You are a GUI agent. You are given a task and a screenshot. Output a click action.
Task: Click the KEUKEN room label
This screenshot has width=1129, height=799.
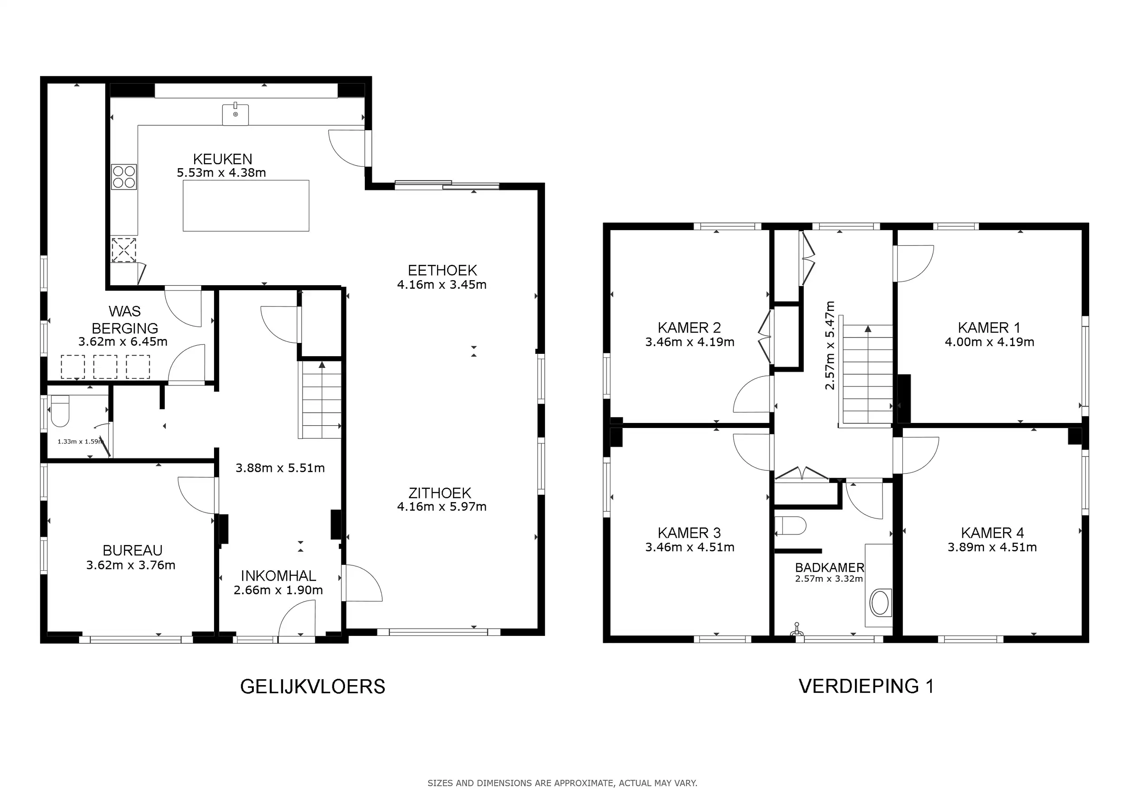[222, 159]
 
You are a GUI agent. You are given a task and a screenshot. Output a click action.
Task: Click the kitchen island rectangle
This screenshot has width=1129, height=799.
[246, 206]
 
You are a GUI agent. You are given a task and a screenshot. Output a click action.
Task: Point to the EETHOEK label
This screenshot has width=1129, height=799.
[443, 270]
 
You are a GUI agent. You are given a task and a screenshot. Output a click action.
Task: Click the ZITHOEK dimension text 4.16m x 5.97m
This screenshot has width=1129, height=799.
[442, 507]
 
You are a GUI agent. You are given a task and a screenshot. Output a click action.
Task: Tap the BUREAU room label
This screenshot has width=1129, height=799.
[132, 550]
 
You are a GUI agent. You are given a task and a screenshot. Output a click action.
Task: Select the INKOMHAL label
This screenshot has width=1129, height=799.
[278, 576]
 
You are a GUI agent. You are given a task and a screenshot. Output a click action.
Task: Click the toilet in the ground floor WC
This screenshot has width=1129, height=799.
[60, 411]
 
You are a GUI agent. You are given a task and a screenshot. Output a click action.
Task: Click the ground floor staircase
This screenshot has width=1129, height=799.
[320, 399]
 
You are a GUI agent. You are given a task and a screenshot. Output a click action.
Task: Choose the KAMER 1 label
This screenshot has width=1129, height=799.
[989, 328]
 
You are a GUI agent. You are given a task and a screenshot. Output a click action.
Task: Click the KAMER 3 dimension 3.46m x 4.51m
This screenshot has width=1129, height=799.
[690, 547]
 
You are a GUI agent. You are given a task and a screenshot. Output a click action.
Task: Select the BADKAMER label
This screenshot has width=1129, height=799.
[830, 567]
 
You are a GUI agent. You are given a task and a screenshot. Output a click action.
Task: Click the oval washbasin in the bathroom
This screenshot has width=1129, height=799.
[880, 603]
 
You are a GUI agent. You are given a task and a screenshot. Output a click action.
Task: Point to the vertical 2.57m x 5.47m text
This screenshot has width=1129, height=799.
[830, 345]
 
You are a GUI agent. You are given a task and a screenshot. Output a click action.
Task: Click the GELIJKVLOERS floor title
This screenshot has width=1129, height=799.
[313, 687]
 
